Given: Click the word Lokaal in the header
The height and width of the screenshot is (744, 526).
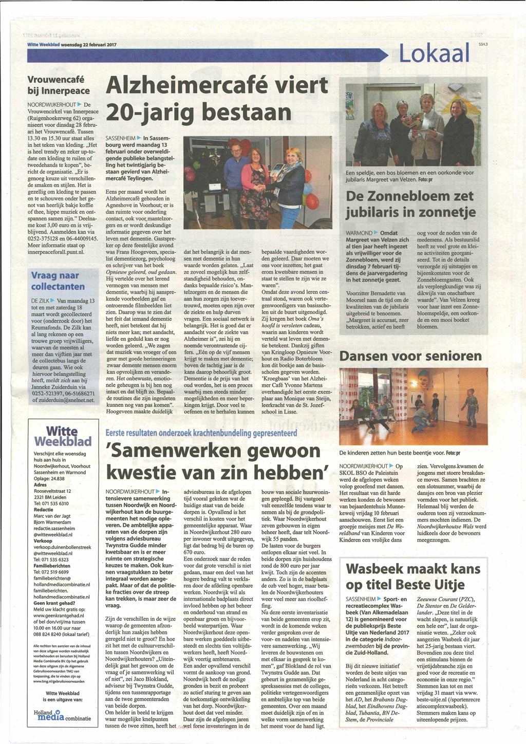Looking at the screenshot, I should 434,53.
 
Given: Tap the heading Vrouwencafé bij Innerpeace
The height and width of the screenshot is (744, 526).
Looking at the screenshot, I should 58,85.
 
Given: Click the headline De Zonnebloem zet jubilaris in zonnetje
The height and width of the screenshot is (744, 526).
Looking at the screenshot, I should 410,204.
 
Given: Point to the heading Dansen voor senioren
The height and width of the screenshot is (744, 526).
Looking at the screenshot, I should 410,356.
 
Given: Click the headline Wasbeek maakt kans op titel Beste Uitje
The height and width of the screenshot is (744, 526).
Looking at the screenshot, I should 413,576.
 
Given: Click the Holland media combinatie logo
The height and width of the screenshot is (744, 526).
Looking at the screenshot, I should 62,715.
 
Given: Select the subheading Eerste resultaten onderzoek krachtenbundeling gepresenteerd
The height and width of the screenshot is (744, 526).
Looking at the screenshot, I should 201,433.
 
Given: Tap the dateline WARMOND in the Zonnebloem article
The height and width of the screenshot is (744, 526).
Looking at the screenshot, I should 359,233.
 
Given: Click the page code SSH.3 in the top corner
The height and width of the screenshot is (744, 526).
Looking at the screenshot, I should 482,45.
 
